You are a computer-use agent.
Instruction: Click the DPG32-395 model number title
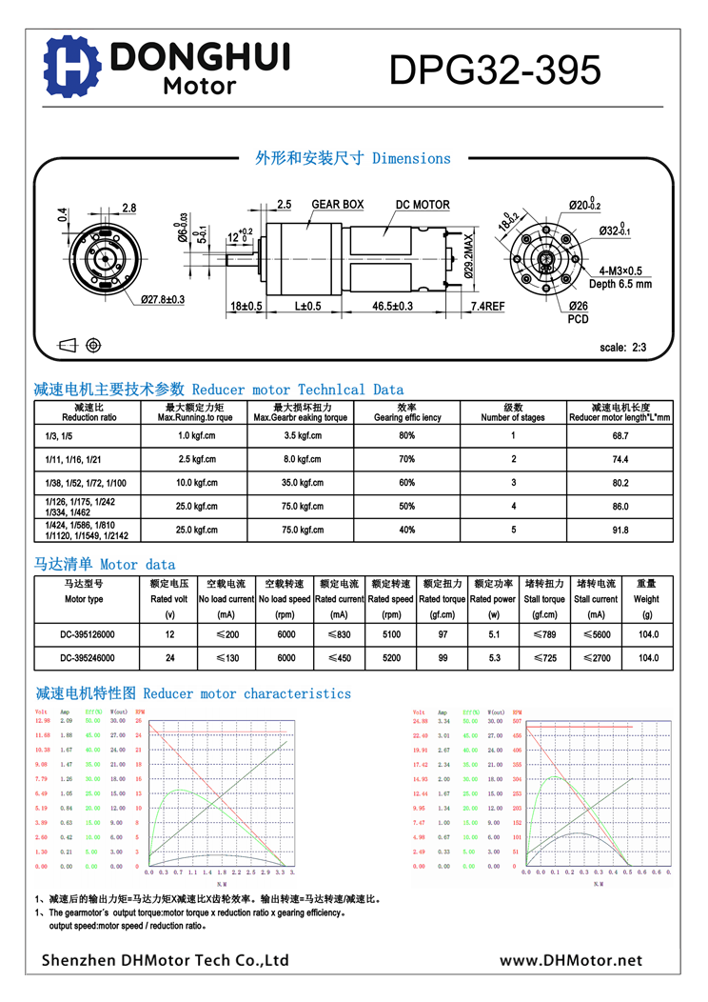(495, 70)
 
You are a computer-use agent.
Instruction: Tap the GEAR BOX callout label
(338, 205)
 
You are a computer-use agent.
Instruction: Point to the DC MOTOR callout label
(423, 205)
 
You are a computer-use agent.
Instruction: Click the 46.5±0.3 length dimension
(392, 306)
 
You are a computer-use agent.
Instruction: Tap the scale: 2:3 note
(623, 348)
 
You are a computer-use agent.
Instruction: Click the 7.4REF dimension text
(488, 306)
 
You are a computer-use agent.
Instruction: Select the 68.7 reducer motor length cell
(620, 435)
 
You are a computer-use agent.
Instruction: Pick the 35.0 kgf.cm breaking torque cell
(301, 483)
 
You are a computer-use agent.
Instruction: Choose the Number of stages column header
(513, 412)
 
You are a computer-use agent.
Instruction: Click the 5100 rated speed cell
(390, 633)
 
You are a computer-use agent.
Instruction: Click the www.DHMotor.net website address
(571, 961)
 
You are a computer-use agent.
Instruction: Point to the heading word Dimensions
(411, 158)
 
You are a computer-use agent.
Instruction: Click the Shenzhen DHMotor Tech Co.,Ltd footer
(165, 961)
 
